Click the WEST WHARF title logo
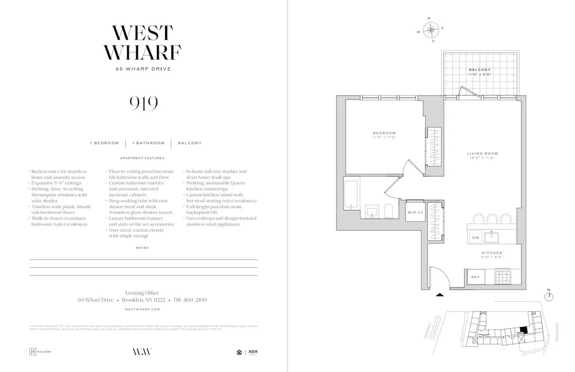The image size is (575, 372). (x=142, y=43)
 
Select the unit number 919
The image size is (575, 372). (x=143, y=103)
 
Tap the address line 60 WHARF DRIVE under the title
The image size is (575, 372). (x=143, y=69)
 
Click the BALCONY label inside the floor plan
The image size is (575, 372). (x=479, y=70)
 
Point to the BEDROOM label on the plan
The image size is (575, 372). (x=385, y=133)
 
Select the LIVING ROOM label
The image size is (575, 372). (x=482, y=154)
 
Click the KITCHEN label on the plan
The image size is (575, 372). (x=492, y=253)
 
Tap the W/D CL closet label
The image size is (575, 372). (x=415, y=212)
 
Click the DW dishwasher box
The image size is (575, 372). (x=476, y=237)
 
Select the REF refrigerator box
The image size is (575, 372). (x=476, y=277)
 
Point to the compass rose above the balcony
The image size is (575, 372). (x=432, y=29)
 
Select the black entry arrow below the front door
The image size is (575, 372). (x=440, y=294)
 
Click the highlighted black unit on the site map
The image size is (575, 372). (x=522, y=329)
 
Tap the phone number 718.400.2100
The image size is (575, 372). (x=189, y=300)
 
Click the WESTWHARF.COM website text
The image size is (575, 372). (x=142, y=309)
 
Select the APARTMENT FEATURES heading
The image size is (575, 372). (x=142, y=158)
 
